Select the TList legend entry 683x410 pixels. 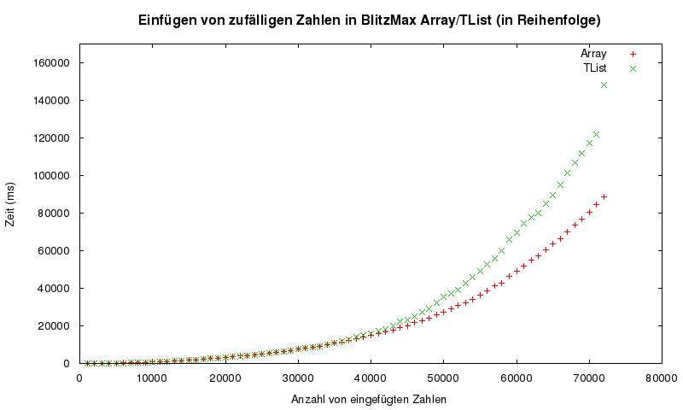coord(597,67)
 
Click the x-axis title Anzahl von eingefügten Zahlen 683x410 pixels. coord(369,399)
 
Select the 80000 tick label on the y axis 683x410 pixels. coord(54,213)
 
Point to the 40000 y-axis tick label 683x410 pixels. coord(54,288)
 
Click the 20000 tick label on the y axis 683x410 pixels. coord(54,325)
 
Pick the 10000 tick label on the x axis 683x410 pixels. coord(152,376)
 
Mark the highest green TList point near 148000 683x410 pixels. coord(604,85)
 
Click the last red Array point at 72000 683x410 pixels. coord(604,196)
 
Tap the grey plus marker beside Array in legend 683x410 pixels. coord(633,54)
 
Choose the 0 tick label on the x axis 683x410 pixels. coord(79,376)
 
